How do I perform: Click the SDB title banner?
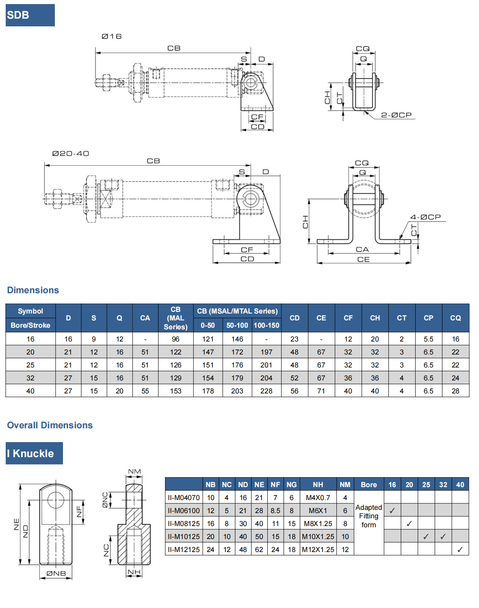click(30, 15)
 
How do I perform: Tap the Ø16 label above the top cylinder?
click(111, 37)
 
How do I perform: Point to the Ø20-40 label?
click(71, 154)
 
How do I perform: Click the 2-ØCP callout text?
click(396, 115)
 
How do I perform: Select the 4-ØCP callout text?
click(425, 217)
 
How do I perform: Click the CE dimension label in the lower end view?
click(363, 260)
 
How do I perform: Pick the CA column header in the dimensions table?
click(145, 318)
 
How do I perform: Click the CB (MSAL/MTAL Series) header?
click(237, 311)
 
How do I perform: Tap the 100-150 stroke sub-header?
click(267, 325)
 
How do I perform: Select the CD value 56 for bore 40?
click(295, 391)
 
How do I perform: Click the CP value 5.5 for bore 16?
click(428, 339)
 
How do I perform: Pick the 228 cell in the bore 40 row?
click(267, 391)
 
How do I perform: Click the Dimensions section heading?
click(33, 290)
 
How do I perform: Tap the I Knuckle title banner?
click(34, 453)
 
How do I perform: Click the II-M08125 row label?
click(184, 524)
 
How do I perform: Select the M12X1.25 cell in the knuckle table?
click(318, 550)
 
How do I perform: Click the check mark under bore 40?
click(460, 550)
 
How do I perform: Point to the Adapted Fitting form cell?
click(368, 516)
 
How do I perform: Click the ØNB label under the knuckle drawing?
click(56, 574)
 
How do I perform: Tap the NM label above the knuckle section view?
click(134, 472)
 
